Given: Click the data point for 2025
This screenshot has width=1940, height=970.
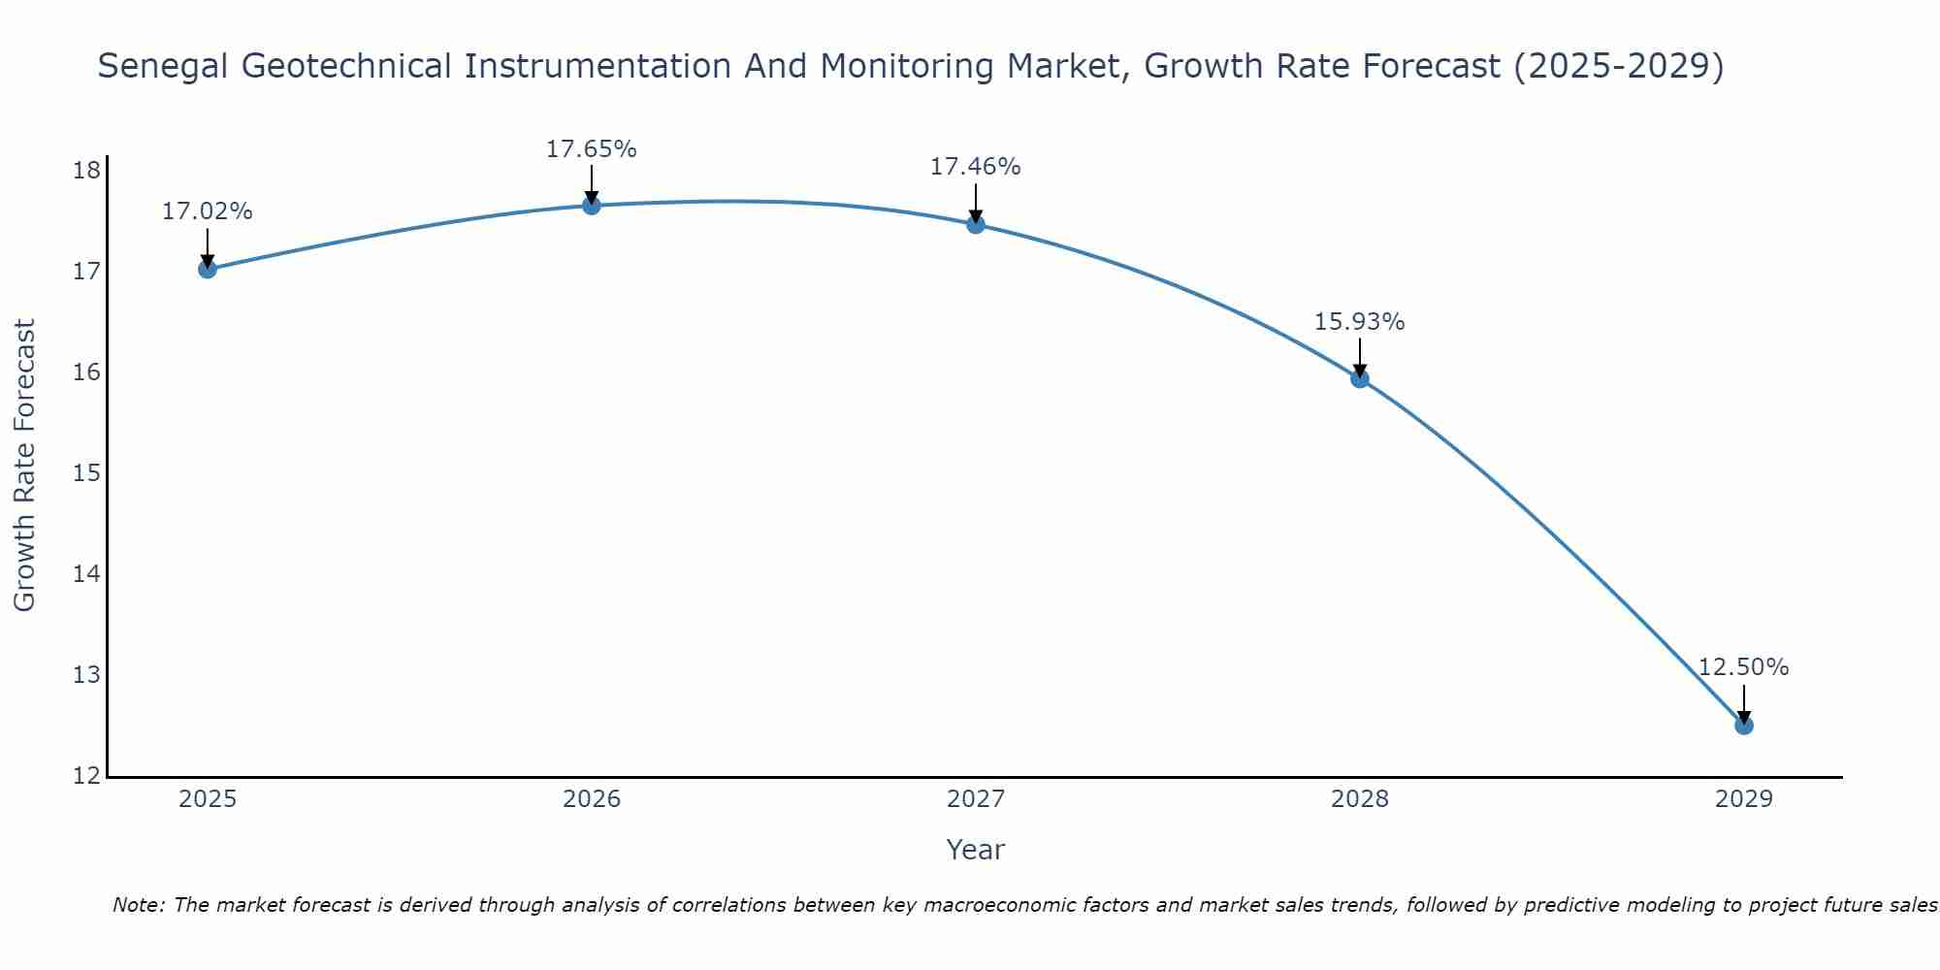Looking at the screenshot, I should (x=207, y=269).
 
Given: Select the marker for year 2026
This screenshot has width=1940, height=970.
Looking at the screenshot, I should (x=591, y=205).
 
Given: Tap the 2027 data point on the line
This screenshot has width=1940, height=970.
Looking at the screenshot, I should (x=975, y=224).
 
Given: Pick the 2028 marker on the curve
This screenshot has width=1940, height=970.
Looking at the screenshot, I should (x=1359, y=378).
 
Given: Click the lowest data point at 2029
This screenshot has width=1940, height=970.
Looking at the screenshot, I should (x=1743, y=725).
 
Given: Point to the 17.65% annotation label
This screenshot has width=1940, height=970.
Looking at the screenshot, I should (x=591, y=149).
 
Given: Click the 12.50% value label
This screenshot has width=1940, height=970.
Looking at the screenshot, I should (x=1743, y=667).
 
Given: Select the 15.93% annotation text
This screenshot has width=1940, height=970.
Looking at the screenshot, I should (x=1359, y=322).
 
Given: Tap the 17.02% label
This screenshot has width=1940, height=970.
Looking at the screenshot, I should (x=207, y=211).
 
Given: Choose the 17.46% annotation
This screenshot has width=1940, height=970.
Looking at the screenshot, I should (x=975, y=167).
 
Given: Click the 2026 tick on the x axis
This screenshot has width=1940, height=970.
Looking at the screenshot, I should (x=591, y=799).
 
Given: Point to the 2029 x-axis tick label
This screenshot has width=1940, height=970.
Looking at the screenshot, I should (x=1743, y=799).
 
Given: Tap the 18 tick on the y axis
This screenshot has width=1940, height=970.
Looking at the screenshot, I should (x=86, y=172).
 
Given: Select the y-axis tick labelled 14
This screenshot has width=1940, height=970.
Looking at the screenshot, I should (x=86, y=574).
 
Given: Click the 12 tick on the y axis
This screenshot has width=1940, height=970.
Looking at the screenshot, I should (x=86, y=776).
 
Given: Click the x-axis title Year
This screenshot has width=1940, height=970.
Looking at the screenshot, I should (x=975, y=850).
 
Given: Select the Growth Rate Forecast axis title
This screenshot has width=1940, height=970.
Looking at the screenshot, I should (x=25, y=465).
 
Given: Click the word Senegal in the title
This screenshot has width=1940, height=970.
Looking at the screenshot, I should (x=164, y=67).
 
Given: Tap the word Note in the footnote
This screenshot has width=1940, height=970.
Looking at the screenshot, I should (x=139, y=906).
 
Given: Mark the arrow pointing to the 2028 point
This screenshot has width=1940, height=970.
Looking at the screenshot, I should (x=1359, y=357).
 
